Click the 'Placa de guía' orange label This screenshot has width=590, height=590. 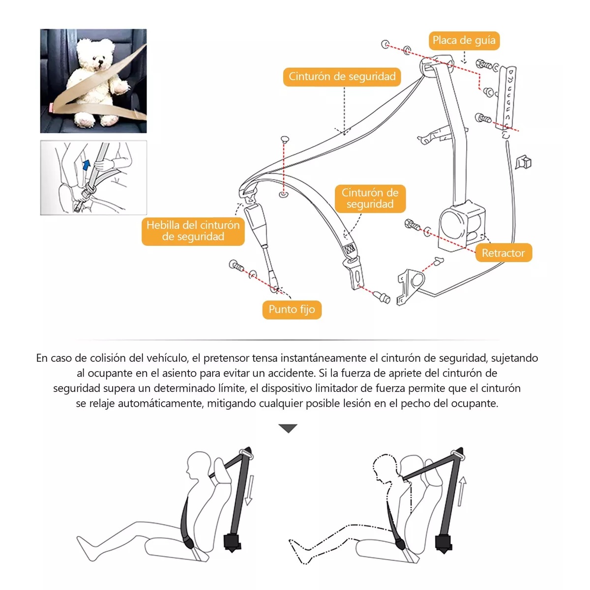464,40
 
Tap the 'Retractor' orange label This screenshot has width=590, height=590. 503,253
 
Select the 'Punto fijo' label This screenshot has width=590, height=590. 292,309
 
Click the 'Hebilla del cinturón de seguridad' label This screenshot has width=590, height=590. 193,231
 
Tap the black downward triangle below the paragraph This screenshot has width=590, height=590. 288,428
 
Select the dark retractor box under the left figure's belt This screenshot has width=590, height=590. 232,542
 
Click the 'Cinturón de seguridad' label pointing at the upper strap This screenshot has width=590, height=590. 342,77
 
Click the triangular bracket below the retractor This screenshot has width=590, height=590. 411,285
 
